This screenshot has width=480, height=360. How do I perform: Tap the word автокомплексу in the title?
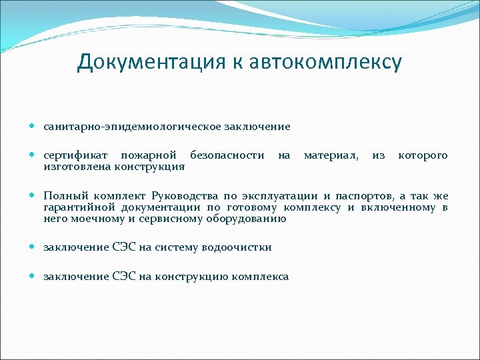326,62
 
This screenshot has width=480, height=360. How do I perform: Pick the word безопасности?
227,155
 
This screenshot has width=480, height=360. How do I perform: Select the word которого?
423,155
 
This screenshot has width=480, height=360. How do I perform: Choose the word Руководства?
185,196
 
